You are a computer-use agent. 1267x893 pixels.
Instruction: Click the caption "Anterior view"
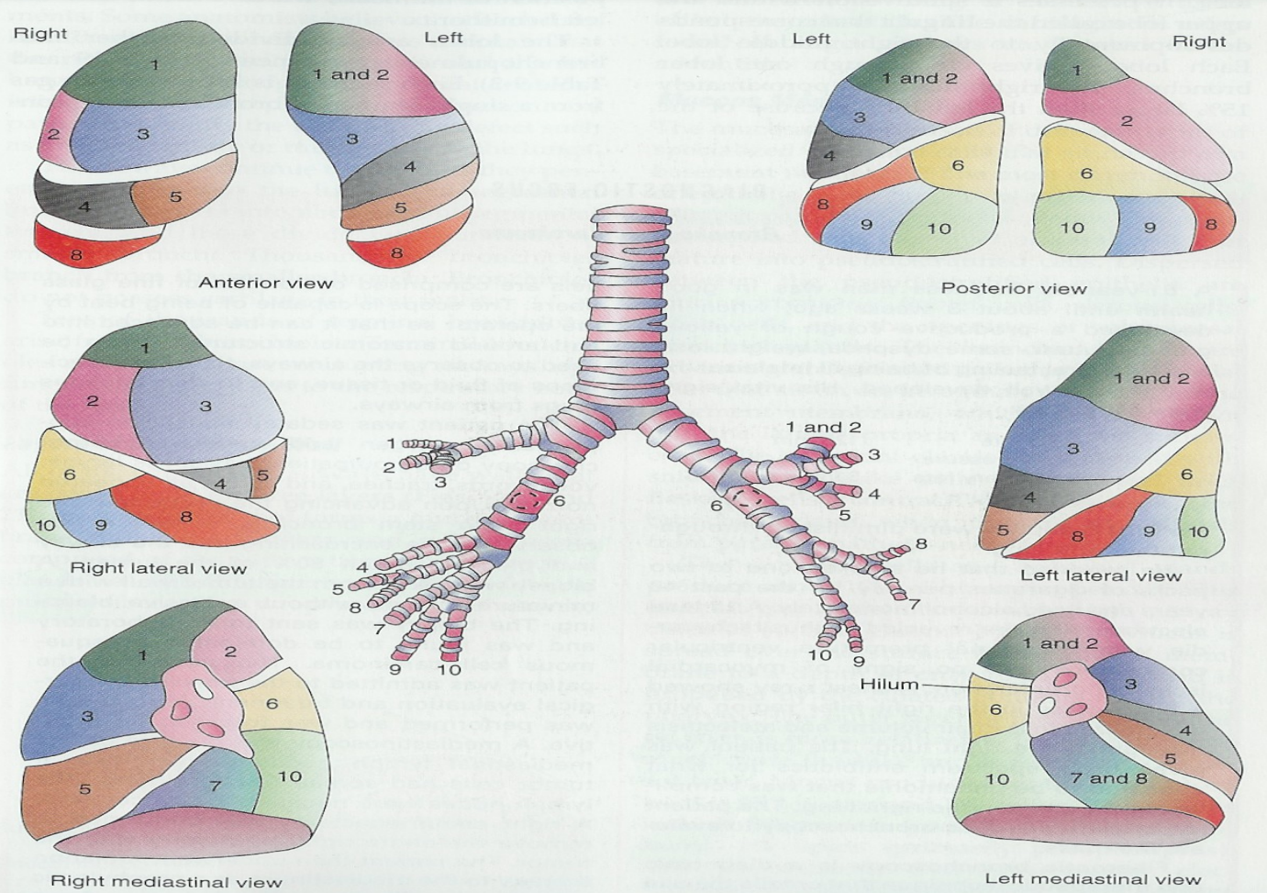point(265,283)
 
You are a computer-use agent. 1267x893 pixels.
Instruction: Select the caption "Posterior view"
point(1014,288)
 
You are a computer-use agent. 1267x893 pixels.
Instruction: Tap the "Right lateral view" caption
point(158,568)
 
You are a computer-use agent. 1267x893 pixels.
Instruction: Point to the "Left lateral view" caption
point(1101,576)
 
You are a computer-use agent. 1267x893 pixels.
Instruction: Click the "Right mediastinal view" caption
point(165,882)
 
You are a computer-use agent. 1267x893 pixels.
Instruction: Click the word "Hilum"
point(890,684)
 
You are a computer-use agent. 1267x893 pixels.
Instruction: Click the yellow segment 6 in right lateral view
point(70,474)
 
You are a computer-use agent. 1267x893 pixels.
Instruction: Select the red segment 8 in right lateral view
point(186,517)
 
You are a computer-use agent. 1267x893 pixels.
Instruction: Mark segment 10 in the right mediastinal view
point(290,776)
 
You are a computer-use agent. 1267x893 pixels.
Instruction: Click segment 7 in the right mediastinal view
point(215,786)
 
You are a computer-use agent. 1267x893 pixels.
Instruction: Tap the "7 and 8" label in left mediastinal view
point(1108,778)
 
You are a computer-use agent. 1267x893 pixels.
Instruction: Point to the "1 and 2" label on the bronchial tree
point(823,427)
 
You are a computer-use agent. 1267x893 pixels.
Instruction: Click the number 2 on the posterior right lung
point(1127,120)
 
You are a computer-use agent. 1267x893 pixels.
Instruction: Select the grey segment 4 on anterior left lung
point(410,166)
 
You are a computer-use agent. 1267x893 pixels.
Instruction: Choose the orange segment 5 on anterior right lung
point(175,196)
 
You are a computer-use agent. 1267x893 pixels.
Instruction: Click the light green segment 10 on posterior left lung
point(939,229)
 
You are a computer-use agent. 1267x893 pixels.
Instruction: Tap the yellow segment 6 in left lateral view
point(1186,474)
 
